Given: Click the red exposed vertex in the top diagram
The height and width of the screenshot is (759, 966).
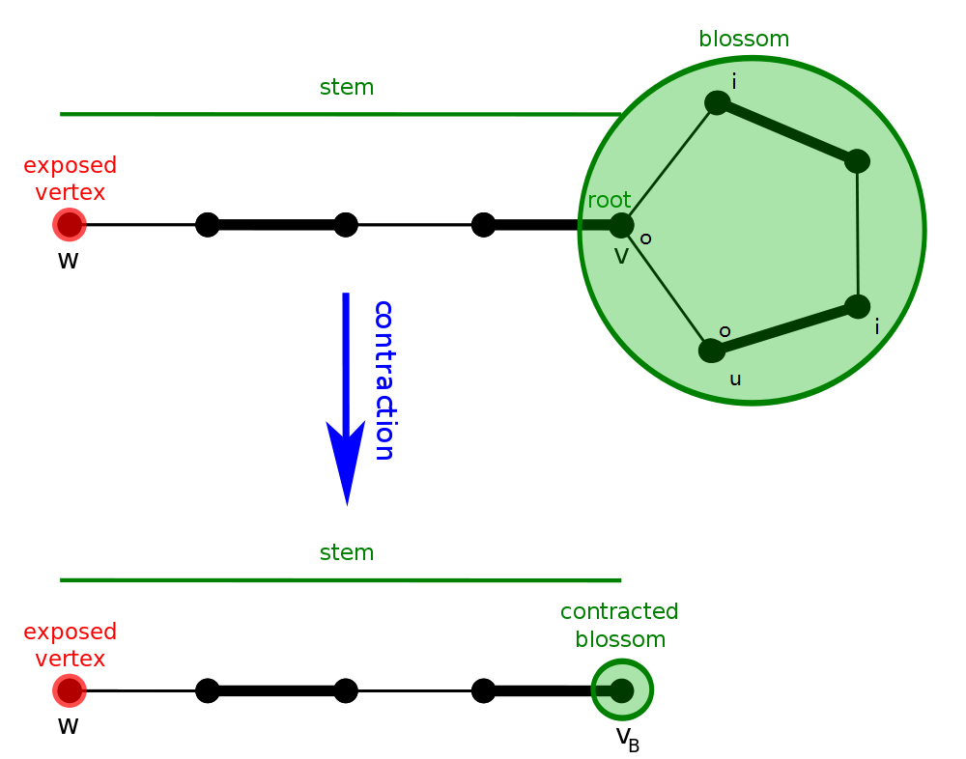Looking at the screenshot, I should click(x=70, y=225).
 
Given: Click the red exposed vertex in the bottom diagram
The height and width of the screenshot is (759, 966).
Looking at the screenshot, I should click(x=70, y=690).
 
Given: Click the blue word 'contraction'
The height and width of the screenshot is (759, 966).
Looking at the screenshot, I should click(x=384, y=380).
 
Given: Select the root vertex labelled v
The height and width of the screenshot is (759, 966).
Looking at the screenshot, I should click(x=621, y=225).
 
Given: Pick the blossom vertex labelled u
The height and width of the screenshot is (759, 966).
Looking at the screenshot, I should click(x=712, y=351).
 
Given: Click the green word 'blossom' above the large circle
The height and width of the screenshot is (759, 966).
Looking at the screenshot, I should click(x=744, y=40).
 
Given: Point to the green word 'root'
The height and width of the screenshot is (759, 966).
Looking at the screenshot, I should click(x=610, y=201).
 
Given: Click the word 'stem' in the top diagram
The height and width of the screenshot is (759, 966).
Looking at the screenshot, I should click(x=347, y=88).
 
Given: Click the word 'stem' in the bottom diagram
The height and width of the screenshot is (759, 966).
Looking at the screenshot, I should click(x=347, y=553).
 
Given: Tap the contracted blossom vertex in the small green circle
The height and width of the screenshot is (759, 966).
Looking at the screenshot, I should click(x=622, y=690).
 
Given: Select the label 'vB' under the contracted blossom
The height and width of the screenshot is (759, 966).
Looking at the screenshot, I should click(x=628, y=739).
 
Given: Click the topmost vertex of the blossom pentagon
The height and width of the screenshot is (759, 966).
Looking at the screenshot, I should click(x=717, y=102).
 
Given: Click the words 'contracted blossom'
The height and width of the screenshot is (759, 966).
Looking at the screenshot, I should click(x=619, y=626).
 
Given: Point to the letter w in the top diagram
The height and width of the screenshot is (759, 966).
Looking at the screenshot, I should click(x=68, y=261).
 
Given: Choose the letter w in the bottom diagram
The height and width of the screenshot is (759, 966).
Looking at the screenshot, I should click(x=68, y=726).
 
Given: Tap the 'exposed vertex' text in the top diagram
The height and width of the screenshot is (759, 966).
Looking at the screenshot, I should click(x=71, y=179).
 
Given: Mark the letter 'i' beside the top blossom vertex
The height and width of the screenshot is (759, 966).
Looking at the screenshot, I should click(x=734, y=82).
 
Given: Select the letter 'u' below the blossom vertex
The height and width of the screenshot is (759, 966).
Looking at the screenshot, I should click(x=735, y=379).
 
